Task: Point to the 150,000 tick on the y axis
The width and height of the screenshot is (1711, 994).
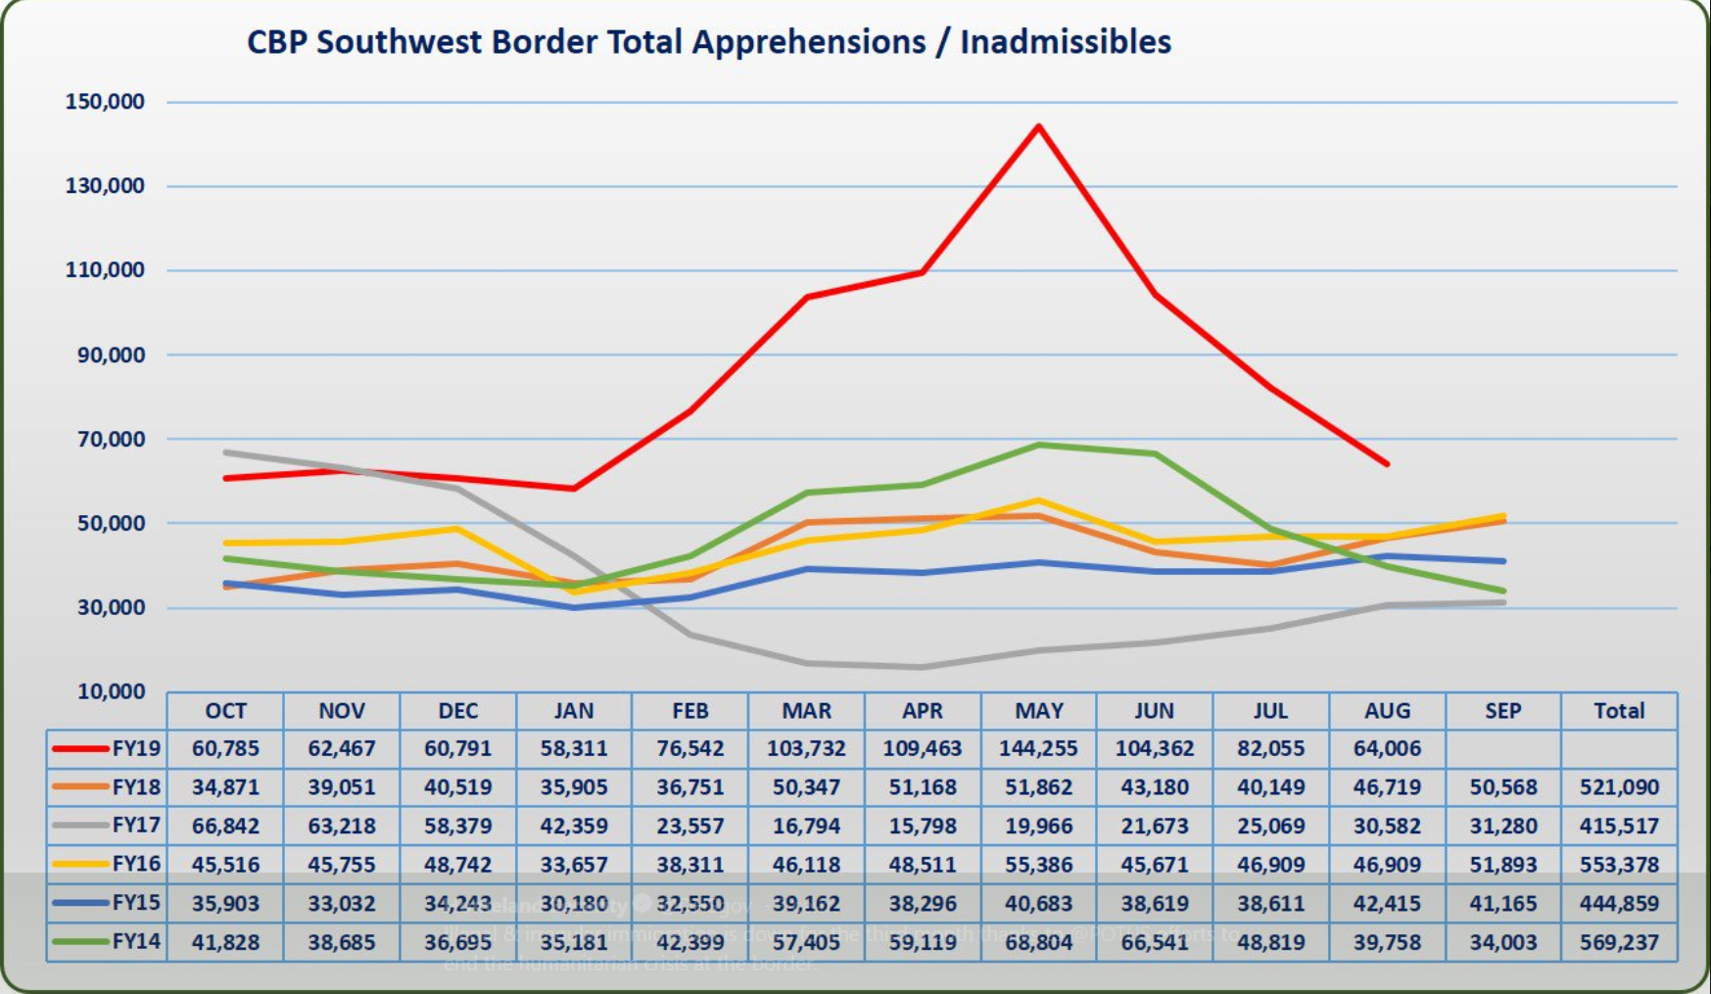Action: [105, 102]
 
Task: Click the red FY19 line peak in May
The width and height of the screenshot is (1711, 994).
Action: [1038, 126]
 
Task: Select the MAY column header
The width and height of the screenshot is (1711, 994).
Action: [1038, 711]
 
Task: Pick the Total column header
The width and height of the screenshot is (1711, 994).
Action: [1619, 711]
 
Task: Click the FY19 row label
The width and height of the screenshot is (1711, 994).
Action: [135, 749]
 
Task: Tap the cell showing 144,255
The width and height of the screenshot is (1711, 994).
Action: [1038, 749]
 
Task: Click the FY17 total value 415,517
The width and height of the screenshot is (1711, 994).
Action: [1619, 826]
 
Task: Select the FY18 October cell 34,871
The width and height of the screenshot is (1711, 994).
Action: [225, 787]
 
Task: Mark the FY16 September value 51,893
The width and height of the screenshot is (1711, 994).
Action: [1502, 865]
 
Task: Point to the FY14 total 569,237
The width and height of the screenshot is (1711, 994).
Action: [1619, 942]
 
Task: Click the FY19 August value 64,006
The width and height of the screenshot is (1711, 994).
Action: [1387, 749]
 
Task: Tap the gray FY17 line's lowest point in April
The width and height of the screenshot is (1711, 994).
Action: [922, 668]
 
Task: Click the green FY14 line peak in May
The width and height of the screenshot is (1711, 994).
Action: [1038, 445]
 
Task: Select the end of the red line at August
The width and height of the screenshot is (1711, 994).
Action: [1387, 464]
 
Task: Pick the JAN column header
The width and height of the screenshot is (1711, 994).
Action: [573, 711]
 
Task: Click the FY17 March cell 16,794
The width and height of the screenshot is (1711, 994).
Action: [806, 826]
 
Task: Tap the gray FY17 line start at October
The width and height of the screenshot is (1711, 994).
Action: [225, 452]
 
